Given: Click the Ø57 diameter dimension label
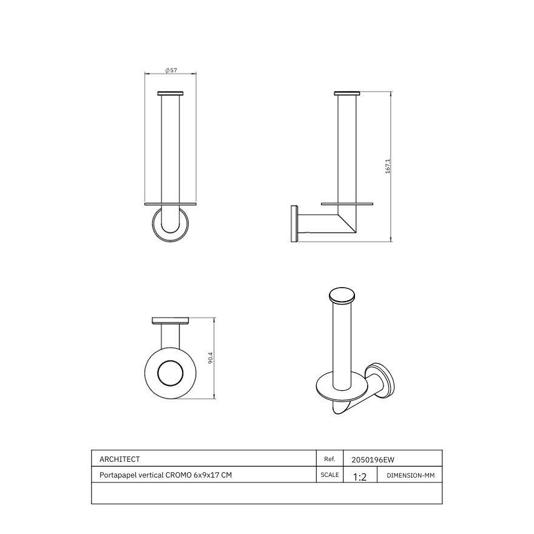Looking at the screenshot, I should (x=171, y=70).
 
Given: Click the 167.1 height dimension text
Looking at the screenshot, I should (x=387, y=166).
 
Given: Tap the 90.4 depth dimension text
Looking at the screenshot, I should (x=211, y=359).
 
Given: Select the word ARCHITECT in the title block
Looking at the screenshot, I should (x=120, y=459).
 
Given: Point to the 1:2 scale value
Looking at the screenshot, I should (x=360, y=477).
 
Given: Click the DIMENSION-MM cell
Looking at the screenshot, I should (x=410, y=476).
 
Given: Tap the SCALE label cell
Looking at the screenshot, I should (x=330, y=475).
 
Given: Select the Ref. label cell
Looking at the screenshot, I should (x=330, y=459).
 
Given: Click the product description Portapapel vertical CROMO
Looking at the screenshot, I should (x=166, y=475).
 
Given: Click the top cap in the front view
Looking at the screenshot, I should (x=170, y=93).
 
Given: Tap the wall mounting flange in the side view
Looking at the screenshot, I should (x=294, y=223).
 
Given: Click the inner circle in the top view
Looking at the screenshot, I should (x=170, y=373).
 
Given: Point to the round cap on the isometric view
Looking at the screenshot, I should (x=342, y=296).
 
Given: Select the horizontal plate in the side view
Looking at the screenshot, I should (x=347, y=204).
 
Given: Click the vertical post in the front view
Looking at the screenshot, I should (x=170, y=149).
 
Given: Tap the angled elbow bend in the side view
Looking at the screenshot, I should (x=348, y=225).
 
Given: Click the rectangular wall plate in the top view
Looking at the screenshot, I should (x=170, y=320).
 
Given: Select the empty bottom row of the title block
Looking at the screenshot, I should (x=266, y=493).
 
